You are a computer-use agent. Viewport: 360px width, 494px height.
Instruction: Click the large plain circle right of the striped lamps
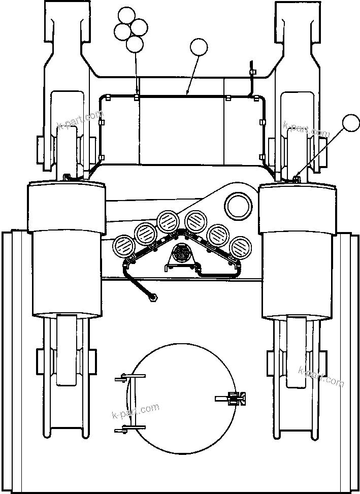tap(239, 206)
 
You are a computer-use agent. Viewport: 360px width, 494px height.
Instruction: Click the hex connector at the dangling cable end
tap(151, 298)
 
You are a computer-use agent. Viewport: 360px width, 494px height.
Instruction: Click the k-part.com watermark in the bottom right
tap(321, 376)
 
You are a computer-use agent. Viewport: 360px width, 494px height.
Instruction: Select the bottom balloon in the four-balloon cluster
tap(135, 44)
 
